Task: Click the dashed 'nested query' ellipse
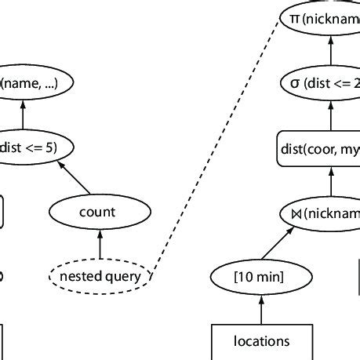(x=100, y=275)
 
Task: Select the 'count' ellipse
(x=96, y=212)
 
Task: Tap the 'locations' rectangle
(x=261, y=341)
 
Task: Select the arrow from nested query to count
(x=100, y=244)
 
